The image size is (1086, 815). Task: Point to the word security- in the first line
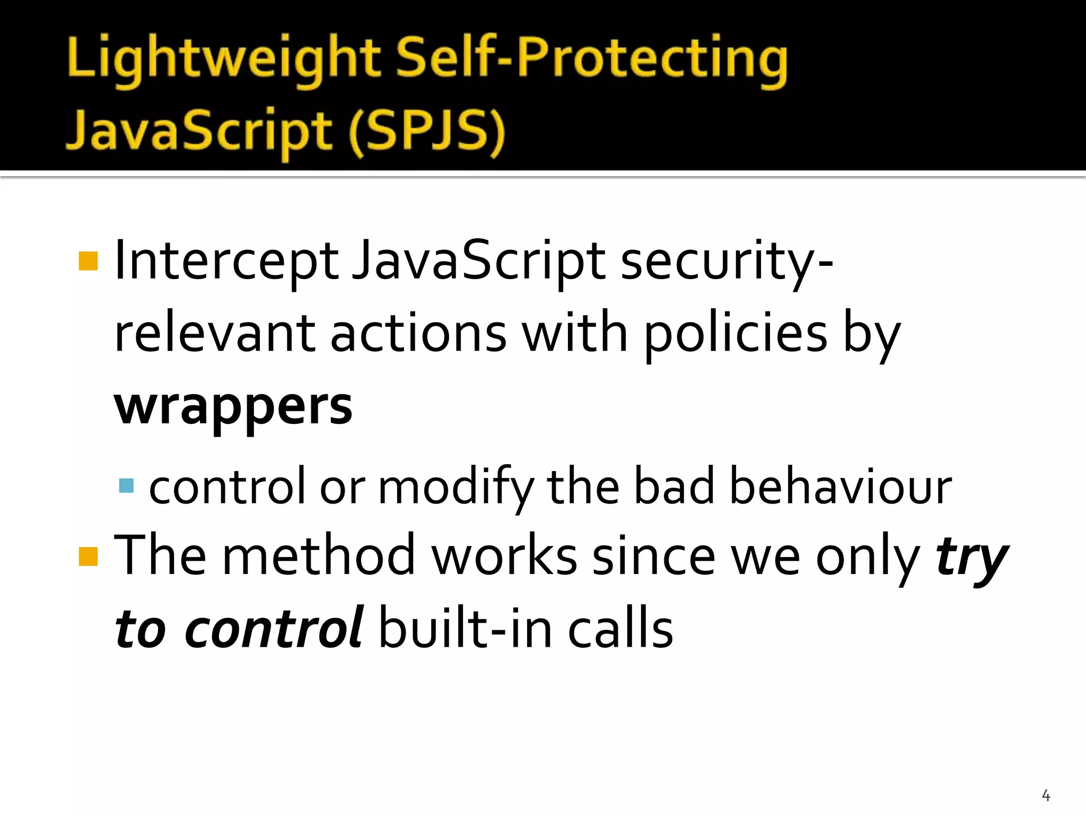tap(726, 261)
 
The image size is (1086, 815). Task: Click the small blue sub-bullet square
tap(126, 485)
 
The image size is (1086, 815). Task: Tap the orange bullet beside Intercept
tap(88, 261)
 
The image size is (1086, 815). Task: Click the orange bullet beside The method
tap(88, 557)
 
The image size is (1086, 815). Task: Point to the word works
tap(504, 556)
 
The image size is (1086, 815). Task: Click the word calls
tap(620, 629)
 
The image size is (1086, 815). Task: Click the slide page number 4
tap(1046, 795)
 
